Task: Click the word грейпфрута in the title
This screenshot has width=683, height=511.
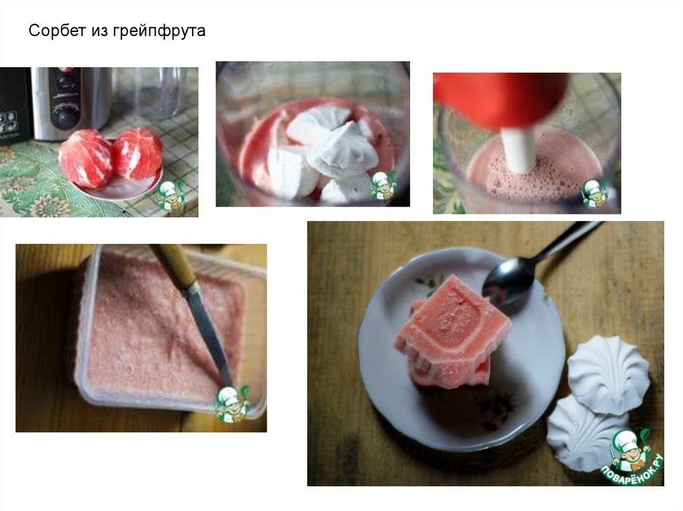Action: (x=160, y=31)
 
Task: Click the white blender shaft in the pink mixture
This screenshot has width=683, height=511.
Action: (x=518, y=149)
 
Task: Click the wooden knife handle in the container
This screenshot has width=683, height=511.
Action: (x=174, y=263)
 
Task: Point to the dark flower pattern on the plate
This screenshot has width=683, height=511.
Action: (x=494, y=407)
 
